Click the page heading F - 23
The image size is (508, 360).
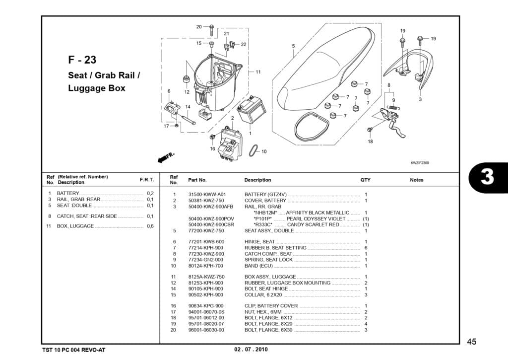pyautogui.click(x=82, y=60)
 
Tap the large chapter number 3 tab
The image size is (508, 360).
pyautogui.click(x=487, y=177)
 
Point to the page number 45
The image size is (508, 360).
pyautogui.click(x=472, y=341)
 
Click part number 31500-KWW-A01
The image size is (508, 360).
pyautogui.click(x=207, y=194)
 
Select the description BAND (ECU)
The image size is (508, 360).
pyautogui.click(x=259, y=266)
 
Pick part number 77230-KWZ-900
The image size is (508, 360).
pyautogui.click(x=206, y=254)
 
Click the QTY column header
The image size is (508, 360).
pyautogui.click(x=365, y=180)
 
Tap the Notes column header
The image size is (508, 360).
pyautogui.click(x=417, y=180)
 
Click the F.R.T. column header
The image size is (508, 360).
pyautogui.click(x=147, y=179)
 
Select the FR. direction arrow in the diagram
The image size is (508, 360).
pyautogui.click(x=166, y=158)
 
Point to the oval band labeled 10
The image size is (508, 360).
pyautogui.click(x=253, y=149)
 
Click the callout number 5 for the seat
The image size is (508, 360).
pyautogui.click(x=293, y=46)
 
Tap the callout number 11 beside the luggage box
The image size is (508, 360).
pyautogui.click(x=258, y=72)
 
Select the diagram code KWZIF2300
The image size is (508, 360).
pyautogui.click(x=420, y=163)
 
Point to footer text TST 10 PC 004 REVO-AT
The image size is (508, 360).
pyautogui.click(x=74, y=350)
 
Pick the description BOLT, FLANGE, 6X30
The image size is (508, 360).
pyautogui.click(x=268, y=330)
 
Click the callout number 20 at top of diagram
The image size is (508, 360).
pyautogui.click(x=199, y=27)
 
